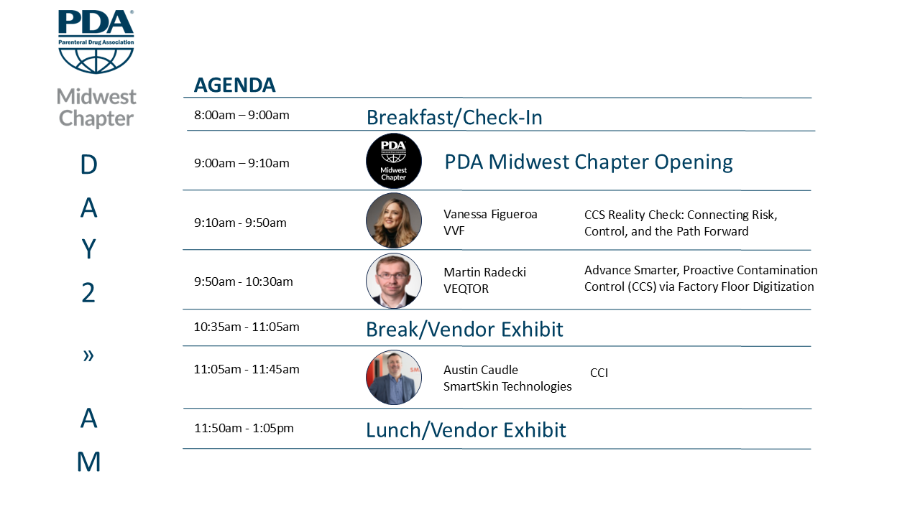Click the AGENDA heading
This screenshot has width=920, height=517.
(x=234, y=85)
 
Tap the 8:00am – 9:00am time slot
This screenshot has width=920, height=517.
(x=241, y=115)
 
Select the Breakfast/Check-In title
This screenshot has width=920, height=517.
(x=454, y=117)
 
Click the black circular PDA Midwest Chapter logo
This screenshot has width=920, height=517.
(x=393, y=161)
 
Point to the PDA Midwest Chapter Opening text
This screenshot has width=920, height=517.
(x=589, y=162)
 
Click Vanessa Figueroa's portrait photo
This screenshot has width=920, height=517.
(x=393, y=220)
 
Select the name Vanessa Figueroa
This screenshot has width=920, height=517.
(x=490, y=214)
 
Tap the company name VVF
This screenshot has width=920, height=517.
(x=454, y=230)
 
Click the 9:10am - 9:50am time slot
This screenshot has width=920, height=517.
(x=240, y=223)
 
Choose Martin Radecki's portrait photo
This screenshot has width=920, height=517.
(x=393, y=281)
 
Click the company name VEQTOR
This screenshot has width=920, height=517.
(x=466, y=289)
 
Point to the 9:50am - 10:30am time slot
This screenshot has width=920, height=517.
(x=244, y=282)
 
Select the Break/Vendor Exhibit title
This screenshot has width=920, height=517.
(x=464, y=329)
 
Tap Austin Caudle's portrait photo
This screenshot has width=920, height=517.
(x=393, y=377)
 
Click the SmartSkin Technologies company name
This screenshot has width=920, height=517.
(x=507, y=386)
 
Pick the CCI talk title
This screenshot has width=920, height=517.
(x=599, y=373)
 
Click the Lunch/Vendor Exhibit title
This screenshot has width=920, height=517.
(x=466, y=430)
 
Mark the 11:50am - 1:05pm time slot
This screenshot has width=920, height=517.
(x=244, y=429)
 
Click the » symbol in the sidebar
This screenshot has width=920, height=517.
(x=88, y=355)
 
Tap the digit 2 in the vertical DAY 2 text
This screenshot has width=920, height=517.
(x=88, y=292)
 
